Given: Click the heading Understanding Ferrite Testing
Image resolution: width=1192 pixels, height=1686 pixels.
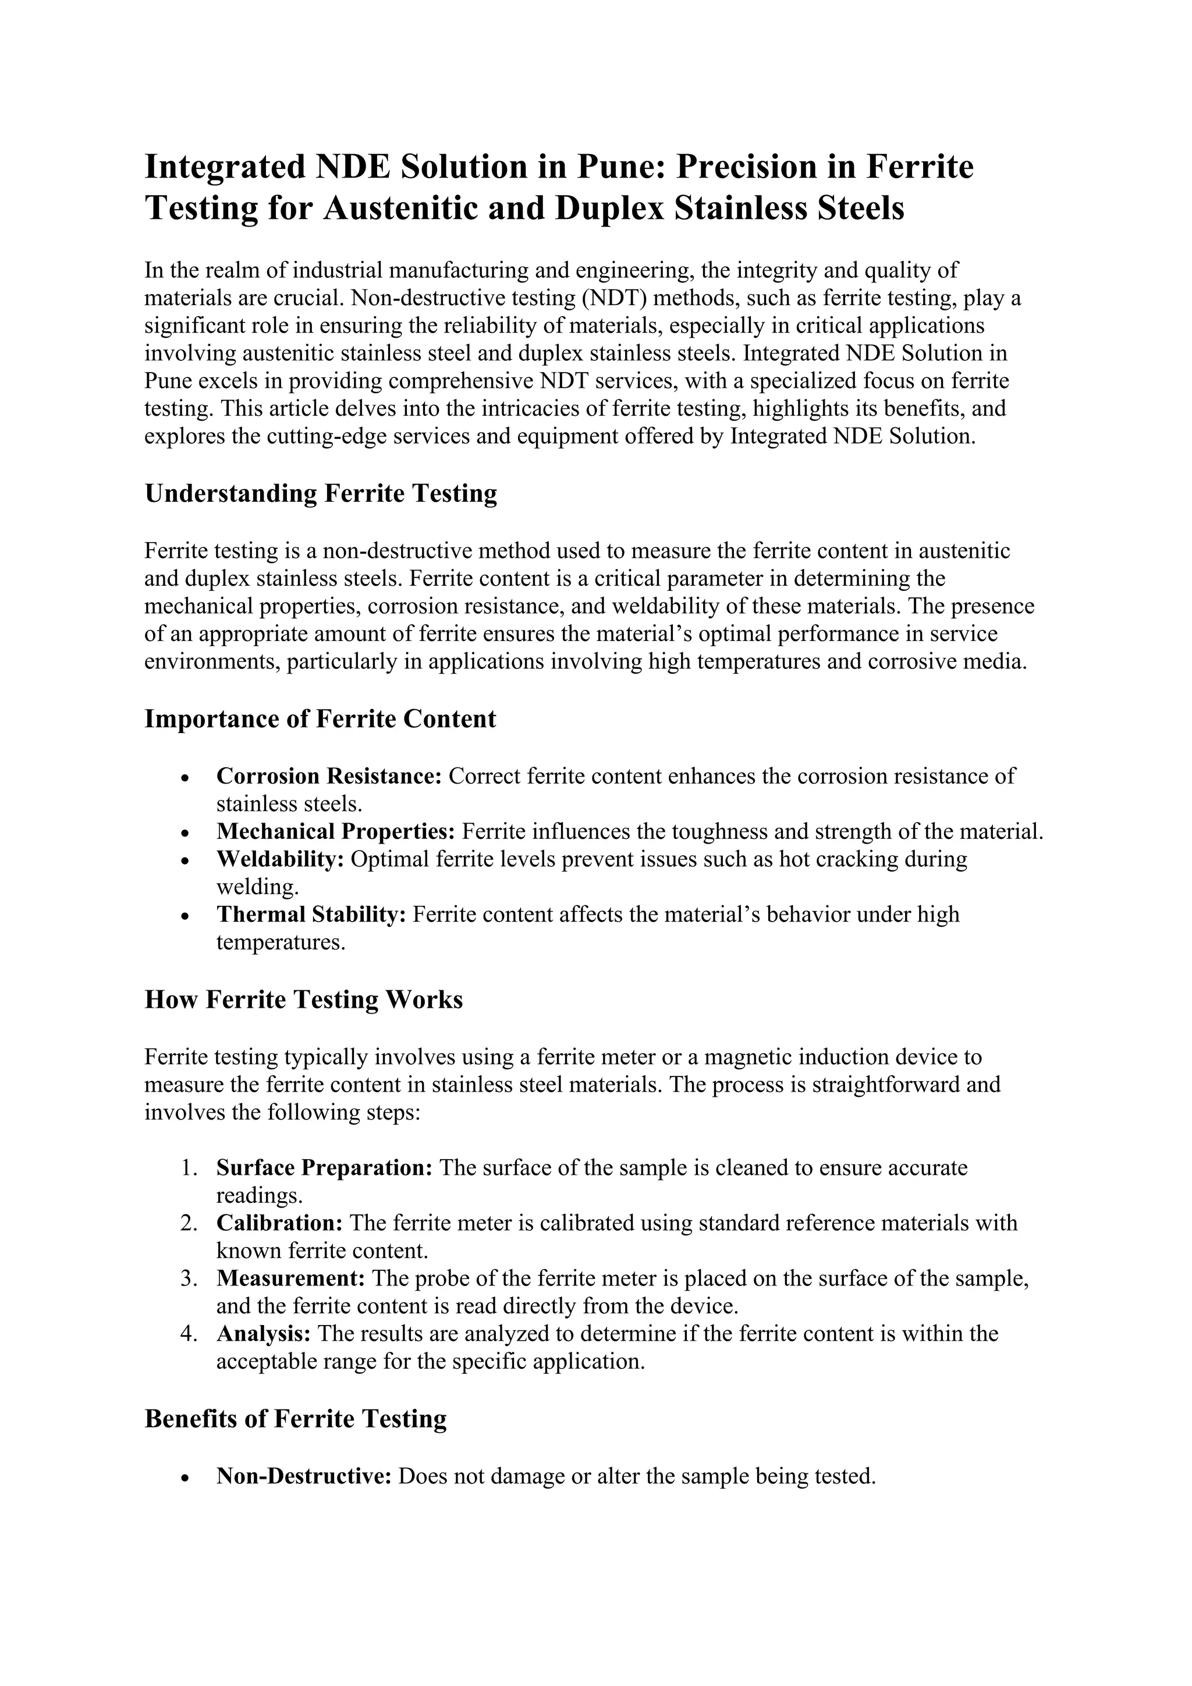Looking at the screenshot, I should tap(321, 494).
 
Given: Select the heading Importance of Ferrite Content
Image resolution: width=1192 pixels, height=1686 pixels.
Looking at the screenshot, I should tap(320, 719).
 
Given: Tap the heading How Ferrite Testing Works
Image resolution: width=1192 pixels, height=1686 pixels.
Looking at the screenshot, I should tap(303, 1000).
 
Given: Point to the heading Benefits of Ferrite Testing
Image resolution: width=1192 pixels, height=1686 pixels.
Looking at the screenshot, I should tap(295, 1419).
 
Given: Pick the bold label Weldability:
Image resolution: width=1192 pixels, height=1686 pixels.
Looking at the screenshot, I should tap(281, 859).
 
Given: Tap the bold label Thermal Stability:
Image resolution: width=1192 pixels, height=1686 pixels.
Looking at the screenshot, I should tap(311, 915).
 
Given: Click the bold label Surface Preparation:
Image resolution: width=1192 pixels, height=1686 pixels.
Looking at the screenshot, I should tap(324, 1168).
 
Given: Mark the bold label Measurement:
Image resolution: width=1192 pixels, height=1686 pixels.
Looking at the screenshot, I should tap(290, 1278).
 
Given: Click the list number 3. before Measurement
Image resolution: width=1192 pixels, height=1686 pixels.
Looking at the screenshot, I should tap(189, 1278).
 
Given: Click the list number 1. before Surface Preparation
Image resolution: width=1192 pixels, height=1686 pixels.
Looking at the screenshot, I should tap(189, 1168).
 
